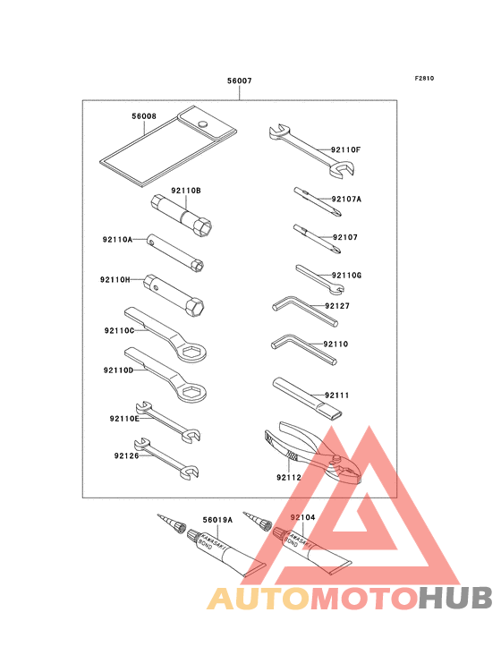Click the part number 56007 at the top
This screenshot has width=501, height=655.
tap(240, 81)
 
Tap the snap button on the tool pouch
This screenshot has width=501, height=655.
tap(202, 123)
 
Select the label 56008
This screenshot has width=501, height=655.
tap(144, 116)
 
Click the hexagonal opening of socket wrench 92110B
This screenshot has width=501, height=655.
tap(204, 227)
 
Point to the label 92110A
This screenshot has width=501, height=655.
tap(117, 239)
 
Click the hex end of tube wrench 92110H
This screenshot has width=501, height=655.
tap(195, 307)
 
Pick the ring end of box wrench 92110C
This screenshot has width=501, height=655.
tap(191, 353)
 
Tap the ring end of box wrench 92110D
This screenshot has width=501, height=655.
tap(191, 393)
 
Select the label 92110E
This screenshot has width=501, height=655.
tap(124, 419)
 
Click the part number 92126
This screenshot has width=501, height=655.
tap(126, 455)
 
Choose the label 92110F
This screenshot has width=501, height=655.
tap(345, 149)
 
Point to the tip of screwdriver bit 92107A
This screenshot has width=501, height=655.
tap(340, 215)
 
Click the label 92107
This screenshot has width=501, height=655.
tap(345, 237)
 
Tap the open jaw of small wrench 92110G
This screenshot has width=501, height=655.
tap(338, 288)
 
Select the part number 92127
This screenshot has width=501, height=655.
tap(337, 306)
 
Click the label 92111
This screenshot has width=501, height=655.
tap(336, 396)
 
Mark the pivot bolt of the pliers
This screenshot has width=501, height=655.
tap(335, 460)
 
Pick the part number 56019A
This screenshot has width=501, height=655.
tap(217, 520)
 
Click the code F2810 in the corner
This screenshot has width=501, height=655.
tap(424, 78)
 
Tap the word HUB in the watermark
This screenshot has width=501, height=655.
tap(456, 599)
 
